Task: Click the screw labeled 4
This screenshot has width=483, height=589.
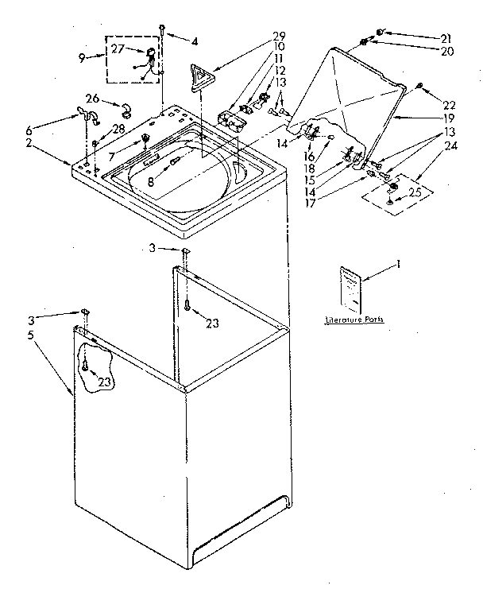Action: tap(162, 30)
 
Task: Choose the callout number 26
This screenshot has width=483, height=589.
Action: tap(92, 99)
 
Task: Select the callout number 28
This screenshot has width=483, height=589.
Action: tap(119, 130)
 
